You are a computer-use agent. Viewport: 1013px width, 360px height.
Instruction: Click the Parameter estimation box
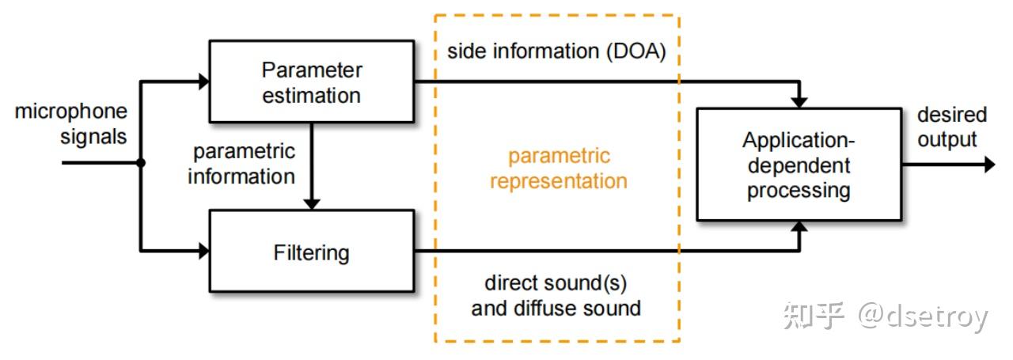click(x=311, y=81)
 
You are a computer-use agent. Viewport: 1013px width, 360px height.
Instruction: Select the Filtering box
click(x=311, y=252)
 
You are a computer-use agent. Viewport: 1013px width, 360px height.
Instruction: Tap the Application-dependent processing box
click(x=799, y=165)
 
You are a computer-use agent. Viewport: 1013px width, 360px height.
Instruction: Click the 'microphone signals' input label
click(x=71, y=124)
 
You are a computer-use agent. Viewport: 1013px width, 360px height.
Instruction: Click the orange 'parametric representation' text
click(x=558, y=168)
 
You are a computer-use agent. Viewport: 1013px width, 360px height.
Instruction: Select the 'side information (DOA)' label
click(x=556, y=51)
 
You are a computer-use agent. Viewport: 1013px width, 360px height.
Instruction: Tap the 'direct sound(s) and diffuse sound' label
click(x=556, y=295)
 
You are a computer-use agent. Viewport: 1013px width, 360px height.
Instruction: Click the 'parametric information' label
click(x=241, y=163)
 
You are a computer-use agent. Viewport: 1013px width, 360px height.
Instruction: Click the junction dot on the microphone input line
click(x=141, y=164)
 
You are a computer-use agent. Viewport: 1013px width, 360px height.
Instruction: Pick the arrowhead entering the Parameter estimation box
click(x=203, y=81)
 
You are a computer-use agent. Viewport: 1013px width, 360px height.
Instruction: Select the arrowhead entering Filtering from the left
click(x=203, y=251)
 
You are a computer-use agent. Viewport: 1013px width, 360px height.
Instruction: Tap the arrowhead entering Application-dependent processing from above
click(x=800, y=102)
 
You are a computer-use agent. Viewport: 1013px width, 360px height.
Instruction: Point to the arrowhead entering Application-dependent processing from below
click(x=800, y=227)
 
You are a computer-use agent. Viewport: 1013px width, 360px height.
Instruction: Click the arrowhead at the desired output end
click(x=988, y=165)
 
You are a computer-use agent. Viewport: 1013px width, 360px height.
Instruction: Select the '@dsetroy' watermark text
click(x=923, y=316)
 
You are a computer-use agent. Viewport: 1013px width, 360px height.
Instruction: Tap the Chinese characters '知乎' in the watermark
click(x=814, y=316)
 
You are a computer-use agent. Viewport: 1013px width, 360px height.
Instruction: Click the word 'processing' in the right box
click(x=799, y=190)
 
